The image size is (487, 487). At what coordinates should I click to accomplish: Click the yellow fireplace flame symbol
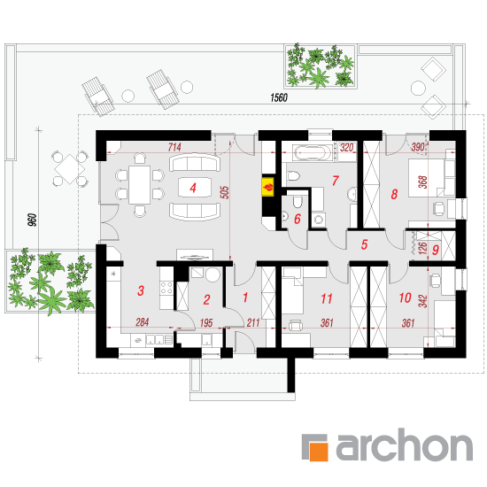coord(268,187)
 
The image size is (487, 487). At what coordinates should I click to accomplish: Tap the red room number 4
coord(193,188)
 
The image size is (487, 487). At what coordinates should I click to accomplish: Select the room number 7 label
coord(335,181)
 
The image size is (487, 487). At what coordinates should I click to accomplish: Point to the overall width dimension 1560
coord(279,97)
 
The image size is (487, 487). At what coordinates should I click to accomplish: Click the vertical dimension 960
coord(32,220)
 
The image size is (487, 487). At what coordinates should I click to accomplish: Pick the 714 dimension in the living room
coord(174,147)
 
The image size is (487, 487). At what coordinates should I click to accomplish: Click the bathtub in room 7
coord(313,153)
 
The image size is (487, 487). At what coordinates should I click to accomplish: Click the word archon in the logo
coord(405,444)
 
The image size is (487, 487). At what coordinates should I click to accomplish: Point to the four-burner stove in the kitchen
coord(166,287)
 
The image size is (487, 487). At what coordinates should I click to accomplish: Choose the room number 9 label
coord(436,250)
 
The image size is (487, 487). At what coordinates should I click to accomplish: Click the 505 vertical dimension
coord(225,192)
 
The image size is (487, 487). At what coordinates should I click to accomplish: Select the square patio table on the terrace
coord(70,169)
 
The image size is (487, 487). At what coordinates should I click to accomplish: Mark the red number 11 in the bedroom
coord(326,298)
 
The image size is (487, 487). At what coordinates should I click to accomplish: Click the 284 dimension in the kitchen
coord(143,322)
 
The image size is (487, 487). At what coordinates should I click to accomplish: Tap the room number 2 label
coord(206,299)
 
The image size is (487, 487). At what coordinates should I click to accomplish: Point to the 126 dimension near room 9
coord(422,248)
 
